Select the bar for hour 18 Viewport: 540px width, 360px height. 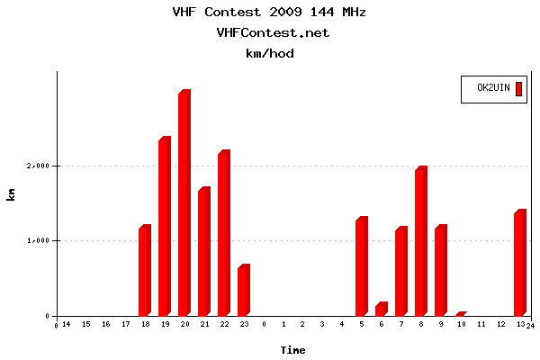click(x=144, y=271)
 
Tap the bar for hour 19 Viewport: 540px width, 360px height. click(x=164, y=228)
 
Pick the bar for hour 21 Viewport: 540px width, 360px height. click(x=203, y=252)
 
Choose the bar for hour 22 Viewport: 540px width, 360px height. click(x=223, y=234)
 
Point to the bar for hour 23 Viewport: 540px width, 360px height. click(x=243, y=291)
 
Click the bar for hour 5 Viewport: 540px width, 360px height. click(x=361, y=267)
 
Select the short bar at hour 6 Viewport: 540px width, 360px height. click(x=381, y=309)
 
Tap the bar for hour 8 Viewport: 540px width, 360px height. click(x=420, y=242)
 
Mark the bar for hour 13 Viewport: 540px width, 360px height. click(x=519, y=264)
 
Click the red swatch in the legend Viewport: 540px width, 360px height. click(x=518, y=88)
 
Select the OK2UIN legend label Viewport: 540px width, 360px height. click(x=493, y=88)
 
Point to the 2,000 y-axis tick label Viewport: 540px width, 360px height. click(x=38, y=166)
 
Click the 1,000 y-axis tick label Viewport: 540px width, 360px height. click(x=38, y=240)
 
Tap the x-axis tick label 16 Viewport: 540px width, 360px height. click(x=105, y=324)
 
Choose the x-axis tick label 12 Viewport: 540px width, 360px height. click(x=499, y=324)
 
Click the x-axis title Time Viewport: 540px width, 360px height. click(x=292, y=349)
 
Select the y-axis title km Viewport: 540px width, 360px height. click(x=12, y=193)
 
